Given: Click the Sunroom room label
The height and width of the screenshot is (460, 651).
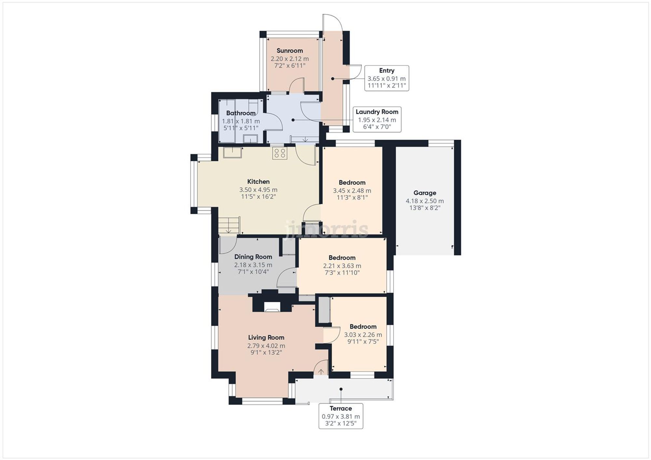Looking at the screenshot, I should [289, 51].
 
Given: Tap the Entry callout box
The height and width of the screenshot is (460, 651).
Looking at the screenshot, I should [386, 78].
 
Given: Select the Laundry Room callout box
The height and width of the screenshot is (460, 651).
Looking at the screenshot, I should [377, 119].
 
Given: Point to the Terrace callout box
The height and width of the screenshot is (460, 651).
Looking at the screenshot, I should [340, 416].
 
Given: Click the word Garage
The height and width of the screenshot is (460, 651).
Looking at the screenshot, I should [424, 193].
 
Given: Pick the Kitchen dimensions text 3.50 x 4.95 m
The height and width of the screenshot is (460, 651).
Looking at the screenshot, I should [258, 190].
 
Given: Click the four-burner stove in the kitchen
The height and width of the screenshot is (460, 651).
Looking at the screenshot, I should [280, 153].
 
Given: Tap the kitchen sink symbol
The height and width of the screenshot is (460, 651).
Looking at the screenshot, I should [232, 152].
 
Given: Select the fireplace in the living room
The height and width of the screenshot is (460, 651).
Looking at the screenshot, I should [272, 306].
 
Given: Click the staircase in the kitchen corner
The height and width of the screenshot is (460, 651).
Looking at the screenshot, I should [229, 225].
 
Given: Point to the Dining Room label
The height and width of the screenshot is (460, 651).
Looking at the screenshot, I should [253, 257].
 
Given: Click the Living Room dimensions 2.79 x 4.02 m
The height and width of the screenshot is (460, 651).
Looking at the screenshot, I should [266, 346].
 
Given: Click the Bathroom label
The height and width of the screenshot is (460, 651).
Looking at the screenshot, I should [241, 113].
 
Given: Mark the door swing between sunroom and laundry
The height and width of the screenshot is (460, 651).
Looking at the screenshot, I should [297, 85].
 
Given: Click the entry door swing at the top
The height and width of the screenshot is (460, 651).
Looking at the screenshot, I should [332, 23].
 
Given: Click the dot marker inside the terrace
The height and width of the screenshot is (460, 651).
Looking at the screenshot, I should [341, 389].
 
